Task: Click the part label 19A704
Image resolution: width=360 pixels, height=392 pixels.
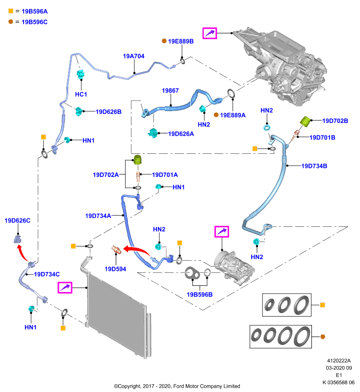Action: (x=133, y=56)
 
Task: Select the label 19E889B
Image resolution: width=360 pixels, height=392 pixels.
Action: (x=180, y=41)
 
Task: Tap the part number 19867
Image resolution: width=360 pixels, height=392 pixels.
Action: (x=170, y=91)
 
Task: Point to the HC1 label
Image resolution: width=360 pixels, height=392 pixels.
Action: (x=81, y=94)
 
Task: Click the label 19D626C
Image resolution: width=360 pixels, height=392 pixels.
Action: (x=18, y=220)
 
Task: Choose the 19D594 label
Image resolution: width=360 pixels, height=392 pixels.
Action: (x=115, y=269)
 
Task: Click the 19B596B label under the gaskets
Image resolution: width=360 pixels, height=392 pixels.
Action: (x=200, y=294)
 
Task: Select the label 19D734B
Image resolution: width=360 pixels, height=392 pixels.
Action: (x=314, y=166)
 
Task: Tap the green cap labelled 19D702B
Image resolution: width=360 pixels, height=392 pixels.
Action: (x=305, y=121)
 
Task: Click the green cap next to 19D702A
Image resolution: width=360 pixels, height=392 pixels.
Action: (x=138, y=160)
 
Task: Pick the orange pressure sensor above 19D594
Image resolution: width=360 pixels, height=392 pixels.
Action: (x=116, y=249)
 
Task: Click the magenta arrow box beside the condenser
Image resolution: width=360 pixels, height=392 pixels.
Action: (x=65, y=288)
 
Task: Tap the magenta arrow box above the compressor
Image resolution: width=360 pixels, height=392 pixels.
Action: (x=222, y=231)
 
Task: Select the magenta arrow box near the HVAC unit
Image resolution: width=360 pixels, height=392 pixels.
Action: (x=209, y=33)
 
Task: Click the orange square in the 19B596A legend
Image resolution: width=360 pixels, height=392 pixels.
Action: (x=11, y=11)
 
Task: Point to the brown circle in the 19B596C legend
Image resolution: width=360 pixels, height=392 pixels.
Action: (x=10, y=22)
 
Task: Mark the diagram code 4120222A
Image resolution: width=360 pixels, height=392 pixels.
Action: (x=339, y=361)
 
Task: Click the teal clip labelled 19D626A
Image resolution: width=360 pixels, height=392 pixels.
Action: (x=153, y=133)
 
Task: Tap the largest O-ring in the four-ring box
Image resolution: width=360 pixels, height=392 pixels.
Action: (x=302, y=337)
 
